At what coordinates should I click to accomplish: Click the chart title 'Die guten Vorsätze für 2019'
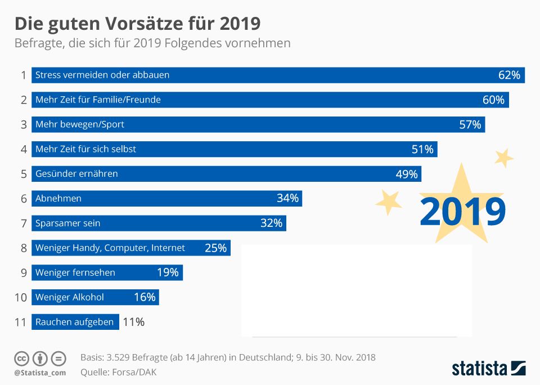coord(137,24)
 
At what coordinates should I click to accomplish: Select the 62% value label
coord(509,75)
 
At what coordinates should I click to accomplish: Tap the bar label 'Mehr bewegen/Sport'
coord(79,124)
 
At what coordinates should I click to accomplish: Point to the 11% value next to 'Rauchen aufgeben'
coord(133,322)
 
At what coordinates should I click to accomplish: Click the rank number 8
coord(23,248)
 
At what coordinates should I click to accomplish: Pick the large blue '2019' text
coord(462,211)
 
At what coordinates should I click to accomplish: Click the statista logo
coord(488,369)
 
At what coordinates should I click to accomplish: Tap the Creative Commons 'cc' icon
coord(22,359)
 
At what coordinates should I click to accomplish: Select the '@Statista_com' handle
coord(40,373)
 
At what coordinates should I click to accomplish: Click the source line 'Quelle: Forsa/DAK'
coord(119,371)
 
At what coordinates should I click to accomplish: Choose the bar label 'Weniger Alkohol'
coord(69,297)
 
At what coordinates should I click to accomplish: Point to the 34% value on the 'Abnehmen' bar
coord(287,198)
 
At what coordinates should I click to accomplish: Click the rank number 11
coord(21,323)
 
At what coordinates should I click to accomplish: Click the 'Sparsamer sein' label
coord(67,223)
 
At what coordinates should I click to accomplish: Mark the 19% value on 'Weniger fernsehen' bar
coord(168,272)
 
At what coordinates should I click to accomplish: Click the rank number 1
coord(23,75)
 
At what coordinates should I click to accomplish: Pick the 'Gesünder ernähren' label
coord(76,174)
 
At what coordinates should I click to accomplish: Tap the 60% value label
coord(493,100)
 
